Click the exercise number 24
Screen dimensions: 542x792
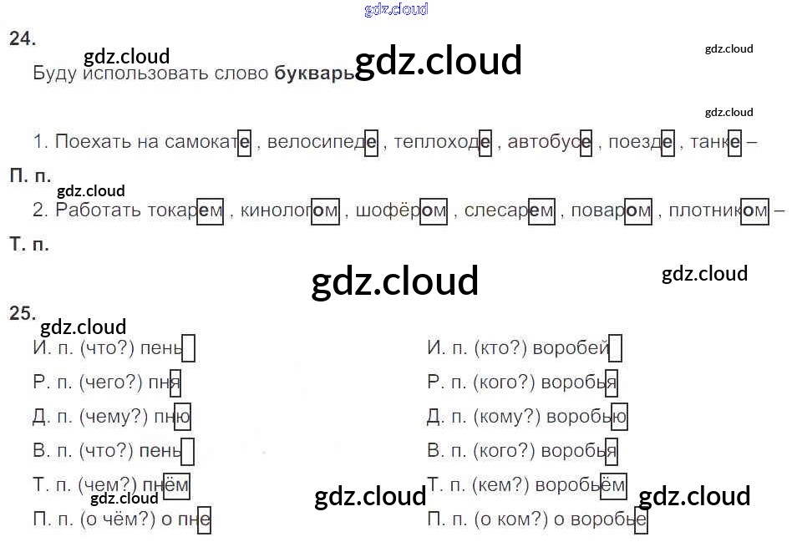[23, 38]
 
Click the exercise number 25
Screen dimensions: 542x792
[23, 313]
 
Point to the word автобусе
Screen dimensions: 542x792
[551, 142]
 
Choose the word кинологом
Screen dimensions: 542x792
[289, 211]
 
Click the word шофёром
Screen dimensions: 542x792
[401, 211]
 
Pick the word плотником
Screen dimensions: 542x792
[718, 211]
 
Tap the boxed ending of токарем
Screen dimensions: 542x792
[211, 211]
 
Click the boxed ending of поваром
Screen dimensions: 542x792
[638, 211]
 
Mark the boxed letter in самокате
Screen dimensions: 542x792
[244, 142]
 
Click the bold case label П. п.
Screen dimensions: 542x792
[30, 177]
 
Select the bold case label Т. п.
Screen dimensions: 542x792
[30, 245]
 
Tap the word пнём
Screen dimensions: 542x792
[170, 485]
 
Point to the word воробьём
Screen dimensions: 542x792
[580, 485]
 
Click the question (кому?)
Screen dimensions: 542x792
[504, 417]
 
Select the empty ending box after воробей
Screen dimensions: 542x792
[616, 348]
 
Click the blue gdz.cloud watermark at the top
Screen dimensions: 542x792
[396, 9]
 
